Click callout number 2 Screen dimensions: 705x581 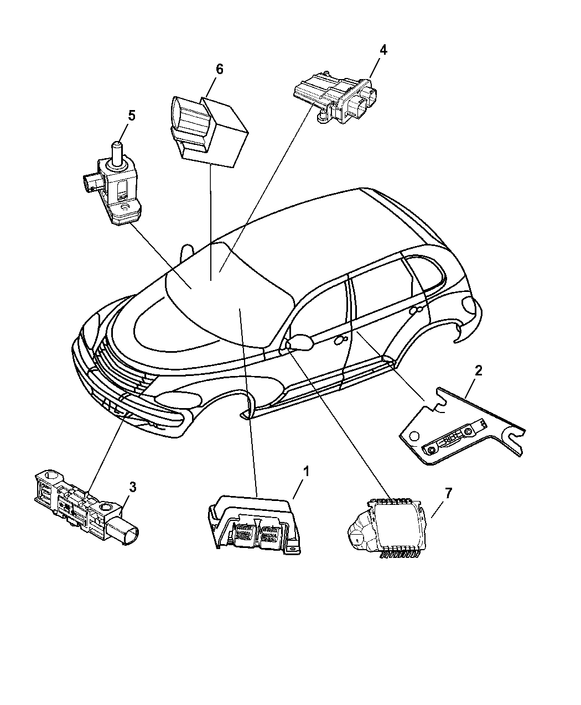[x=479, y=370]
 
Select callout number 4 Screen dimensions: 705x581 [x=383, y=49]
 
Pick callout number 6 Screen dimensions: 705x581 [x=219, y=69]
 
